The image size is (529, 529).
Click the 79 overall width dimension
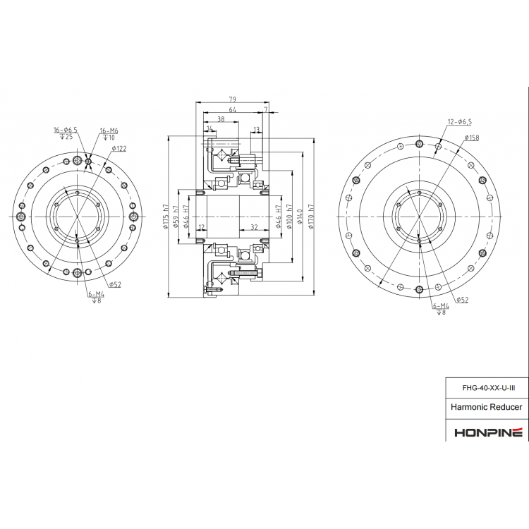pyautogui.click(x=231, y=99)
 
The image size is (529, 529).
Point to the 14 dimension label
pyautogui.click(x=210, y=129)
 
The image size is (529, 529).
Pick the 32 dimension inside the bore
pyautogui.click(x=253, y=227)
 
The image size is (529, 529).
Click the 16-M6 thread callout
pyautogui.click(x=109, y=130)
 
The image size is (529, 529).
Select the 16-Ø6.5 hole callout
pyautogui.click(x=66, y=130)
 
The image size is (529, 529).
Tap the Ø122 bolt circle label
pyautogui.click(x=118, y=148)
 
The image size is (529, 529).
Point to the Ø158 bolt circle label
pyautogui.click(x=471, y=138)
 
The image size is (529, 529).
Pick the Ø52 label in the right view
pyautogui.click(x=462, y=300)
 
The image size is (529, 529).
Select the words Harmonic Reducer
pyautogui.click(x=487, y=408)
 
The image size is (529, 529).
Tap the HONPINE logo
pyautogui.click(x=487, y=431)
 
